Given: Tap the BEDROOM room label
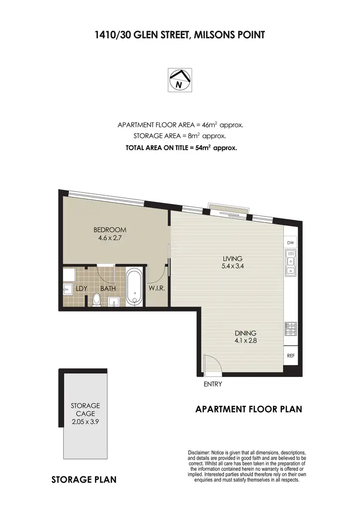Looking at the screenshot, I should click(110, 229).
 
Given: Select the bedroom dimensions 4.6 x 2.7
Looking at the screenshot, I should click(110, 237).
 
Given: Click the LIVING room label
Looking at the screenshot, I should click(232, 259).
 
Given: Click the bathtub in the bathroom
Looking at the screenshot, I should click(134, 287).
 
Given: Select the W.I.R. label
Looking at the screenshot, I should click(156, 289).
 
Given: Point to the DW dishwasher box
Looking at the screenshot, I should click(290, 243).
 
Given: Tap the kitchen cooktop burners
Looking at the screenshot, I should click(290, 329).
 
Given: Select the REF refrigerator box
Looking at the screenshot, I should click(290, 356).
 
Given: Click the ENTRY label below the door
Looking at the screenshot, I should click(213, 384).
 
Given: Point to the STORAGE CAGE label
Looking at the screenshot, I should click(85, 409).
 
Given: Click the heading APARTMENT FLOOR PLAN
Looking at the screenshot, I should click(249, 409).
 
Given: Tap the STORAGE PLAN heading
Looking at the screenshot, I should click(84, 479).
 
